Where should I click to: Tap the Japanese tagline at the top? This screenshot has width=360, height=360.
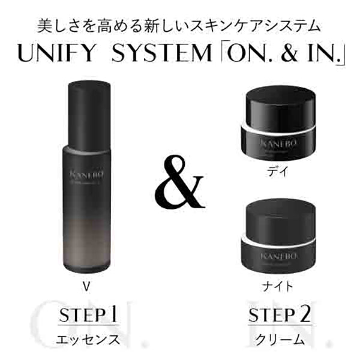[179, 26]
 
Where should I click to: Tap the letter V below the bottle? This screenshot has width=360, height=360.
[86, 285]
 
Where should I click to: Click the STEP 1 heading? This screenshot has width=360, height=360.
[88, 314]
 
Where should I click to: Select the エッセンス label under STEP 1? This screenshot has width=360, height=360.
[88, 340]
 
